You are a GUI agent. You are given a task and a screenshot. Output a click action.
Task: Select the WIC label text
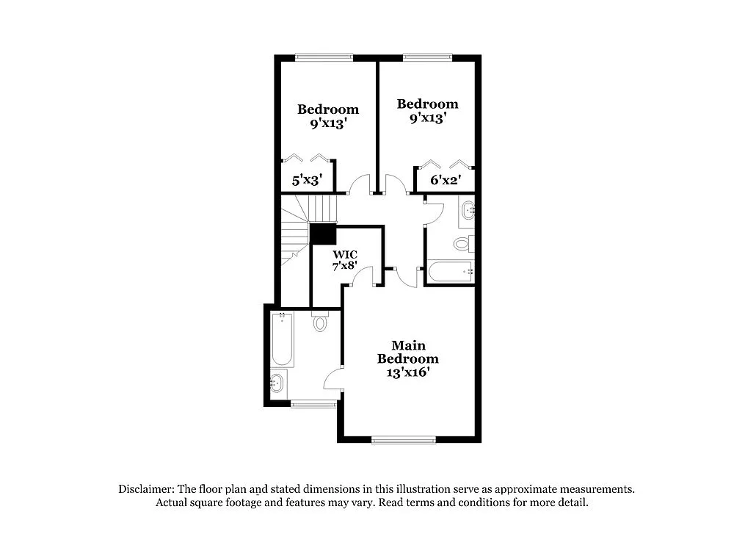(x=344, y=256)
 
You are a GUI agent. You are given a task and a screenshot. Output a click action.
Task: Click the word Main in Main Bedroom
(x=408, y=345)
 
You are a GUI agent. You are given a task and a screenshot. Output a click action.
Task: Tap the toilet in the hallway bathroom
(x=462, y=243)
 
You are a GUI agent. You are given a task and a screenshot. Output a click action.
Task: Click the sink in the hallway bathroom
(x=468, y=212)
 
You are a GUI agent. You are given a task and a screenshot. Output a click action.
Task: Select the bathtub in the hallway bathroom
(x=450, y=272)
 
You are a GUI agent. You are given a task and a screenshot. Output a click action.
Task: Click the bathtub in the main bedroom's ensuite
(x=283, y=340)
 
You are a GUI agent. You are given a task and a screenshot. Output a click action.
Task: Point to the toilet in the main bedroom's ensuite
(x=320, y=322)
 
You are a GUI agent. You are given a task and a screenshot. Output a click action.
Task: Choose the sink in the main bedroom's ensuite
(x=277, y=383)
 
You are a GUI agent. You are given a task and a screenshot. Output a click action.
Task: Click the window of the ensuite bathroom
(x=313, y=403)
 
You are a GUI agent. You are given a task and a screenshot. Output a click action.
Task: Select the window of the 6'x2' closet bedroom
(x=427, y=57)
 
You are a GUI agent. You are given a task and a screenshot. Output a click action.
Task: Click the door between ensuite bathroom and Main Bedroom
(x=334, y=378)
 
